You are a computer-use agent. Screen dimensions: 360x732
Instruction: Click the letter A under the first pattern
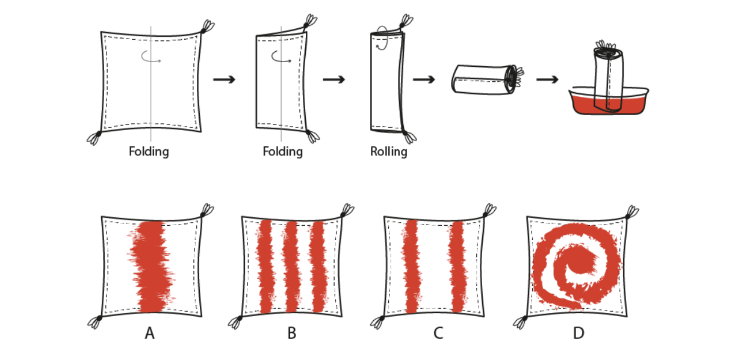coord(150,332)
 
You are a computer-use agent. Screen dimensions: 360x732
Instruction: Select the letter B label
coord(292,332)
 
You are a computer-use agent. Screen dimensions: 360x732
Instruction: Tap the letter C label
coord(438,332)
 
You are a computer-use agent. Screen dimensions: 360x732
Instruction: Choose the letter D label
coord(578,332)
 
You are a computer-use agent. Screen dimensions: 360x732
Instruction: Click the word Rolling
coord(388,152)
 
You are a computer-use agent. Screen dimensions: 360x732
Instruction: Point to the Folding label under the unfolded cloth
coord(149,152)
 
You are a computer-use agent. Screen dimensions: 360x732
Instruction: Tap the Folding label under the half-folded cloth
coord(282,152)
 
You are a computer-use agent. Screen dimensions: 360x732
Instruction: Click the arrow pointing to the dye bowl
coord(547,79)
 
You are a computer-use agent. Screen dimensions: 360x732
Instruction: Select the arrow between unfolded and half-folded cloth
coord(224,79)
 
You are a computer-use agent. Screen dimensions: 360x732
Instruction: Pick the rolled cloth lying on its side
coord(485,79)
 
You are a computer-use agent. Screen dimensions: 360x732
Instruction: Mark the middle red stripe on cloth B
coord(291,266)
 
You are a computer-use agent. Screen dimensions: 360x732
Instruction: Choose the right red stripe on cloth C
coord(457,266)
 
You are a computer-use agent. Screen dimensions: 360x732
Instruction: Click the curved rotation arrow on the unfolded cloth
coord(150,57)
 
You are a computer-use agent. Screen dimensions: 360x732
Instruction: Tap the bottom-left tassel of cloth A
coord(95,321)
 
